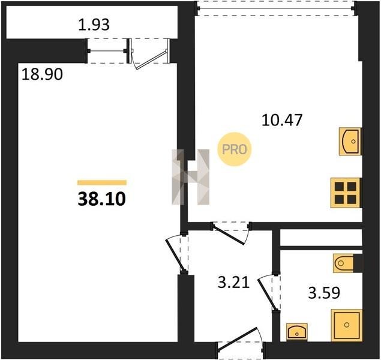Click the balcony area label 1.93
point(94,25)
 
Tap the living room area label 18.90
point(42,74)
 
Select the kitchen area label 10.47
point(282,120)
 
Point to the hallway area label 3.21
point(234,283)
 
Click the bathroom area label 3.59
point(324,293)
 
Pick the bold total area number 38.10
point(101,199)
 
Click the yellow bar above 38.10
point(102,182)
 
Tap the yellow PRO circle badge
point(235,149)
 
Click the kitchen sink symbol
point(350,142)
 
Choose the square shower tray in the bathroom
point(347,325)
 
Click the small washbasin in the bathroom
point(297,332)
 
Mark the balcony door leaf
point(150,60)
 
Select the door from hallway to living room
point(176,254)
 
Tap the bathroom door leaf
point(268,294)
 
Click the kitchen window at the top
point(276,8)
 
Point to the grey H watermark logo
point(191,177)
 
